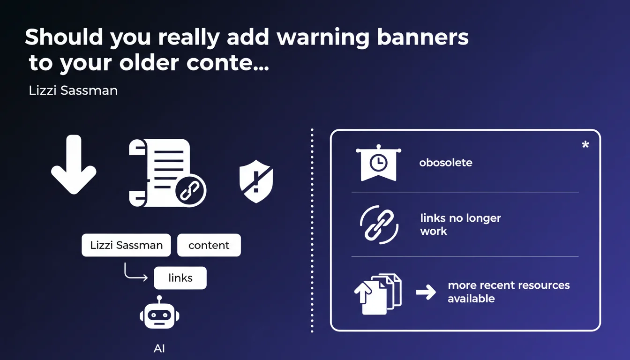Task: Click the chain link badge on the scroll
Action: (x=190, y=190)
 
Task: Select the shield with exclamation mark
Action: (x=256, y=181)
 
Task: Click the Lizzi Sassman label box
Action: (x=126, y=245)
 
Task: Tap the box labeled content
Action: (x=209, y=245)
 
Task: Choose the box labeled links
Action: (x=180, y=278)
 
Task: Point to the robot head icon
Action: (x=159, y=312)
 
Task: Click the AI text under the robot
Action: (x=159, y=349)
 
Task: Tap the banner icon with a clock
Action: (x=379, y=163)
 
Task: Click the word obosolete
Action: (x=446, y=163)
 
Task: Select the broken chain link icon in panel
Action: (x=379, y=225)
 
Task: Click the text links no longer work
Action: (x=461, y=225)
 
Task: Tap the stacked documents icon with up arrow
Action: (x=378, y=294)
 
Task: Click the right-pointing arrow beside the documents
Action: (x=426, y=292)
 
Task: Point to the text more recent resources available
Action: (x=509, y=292)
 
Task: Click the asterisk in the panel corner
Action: (x=585, y=144)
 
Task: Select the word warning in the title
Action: (x=323, y=37)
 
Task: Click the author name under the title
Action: (x=74, y=90)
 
